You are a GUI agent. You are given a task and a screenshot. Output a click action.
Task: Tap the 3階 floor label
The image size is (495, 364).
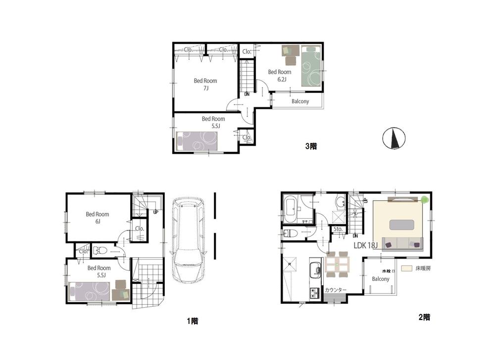(310, 146)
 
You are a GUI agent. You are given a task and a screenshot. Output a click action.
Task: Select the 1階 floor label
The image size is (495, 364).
(192, 321)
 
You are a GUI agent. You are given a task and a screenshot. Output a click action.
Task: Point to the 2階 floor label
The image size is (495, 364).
(423, 317)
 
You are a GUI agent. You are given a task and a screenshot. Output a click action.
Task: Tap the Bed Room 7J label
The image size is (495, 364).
(205, 85)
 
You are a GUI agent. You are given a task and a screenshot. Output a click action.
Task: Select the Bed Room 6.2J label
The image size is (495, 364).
(279, 75)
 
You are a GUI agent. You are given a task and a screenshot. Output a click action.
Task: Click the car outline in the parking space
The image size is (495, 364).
(188, 239)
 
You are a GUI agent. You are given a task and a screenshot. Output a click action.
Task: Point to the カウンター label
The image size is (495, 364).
(336, 290)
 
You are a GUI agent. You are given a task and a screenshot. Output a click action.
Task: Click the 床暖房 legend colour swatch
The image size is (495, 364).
(407, 269)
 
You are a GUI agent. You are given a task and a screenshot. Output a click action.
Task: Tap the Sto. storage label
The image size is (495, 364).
(339, 229)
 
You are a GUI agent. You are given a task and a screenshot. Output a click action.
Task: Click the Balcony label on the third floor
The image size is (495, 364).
(300, 101)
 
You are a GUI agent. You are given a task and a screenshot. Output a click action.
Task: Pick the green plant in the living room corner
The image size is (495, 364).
(424, 200)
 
